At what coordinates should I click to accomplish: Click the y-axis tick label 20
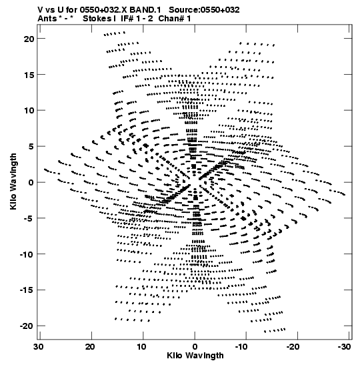pos(29,39)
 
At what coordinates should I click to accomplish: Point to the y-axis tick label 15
pos(29,75)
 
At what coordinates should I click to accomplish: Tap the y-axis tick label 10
pos(29,111)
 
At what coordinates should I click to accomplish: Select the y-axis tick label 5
pos(31,147)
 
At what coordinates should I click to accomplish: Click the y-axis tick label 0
pos(31,183)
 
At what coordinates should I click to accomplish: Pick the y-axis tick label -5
pos(29,219)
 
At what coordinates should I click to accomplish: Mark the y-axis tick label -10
pos(27,254)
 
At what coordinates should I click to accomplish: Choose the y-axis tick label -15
pos(27,290)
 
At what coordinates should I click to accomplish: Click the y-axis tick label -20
pos(27,326)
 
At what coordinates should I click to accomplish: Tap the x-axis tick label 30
pos(39,347)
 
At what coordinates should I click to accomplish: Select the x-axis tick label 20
pos(90,347)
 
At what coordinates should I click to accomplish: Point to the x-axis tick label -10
pos(241,347)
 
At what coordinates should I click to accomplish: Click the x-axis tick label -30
pos(345,347)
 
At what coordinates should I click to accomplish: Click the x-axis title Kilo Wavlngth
pos(195,356)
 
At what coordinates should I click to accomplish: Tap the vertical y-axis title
pos(13,181)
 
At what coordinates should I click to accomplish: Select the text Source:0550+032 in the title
pos(204,10)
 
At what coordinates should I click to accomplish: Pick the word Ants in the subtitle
pos(47,19)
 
